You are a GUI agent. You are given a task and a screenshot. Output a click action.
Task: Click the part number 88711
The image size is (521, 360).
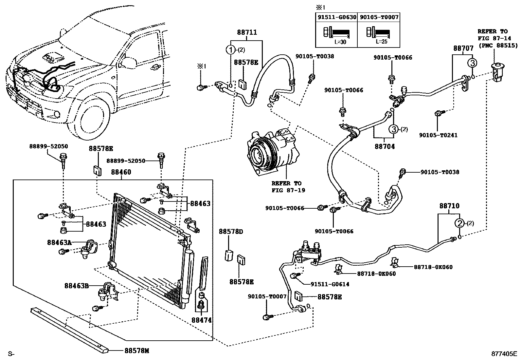[x=247, y=32]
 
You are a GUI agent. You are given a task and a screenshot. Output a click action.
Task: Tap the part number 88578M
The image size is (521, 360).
[x=136, y=351]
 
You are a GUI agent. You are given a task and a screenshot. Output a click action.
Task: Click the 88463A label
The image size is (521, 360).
[x=59, y=242]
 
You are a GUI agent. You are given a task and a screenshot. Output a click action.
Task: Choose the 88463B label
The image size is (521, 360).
[x=77, y=286]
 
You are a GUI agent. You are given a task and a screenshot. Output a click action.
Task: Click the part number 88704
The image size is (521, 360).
[x=385, y=146]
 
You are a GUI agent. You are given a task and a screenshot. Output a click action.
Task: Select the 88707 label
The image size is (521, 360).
[x=463, y=48]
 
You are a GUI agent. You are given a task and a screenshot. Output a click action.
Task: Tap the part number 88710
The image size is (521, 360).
[x=449, y=206]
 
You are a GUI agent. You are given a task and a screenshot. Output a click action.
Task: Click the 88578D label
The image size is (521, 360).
[x=231, y=232]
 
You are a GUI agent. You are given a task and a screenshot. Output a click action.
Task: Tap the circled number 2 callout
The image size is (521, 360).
[x=460, y=223]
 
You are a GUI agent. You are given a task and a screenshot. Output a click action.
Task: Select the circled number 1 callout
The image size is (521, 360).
[x=231, y=50]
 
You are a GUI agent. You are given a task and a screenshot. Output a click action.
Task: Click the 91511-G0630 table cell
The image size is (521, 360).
[x=336, y=17]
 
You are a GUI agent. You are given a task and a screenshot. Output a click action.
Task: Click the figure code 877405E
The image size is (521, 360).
[x=504, y=353]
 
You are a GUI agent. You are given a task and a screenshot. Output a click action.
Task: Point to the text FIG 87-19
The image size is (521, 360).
[x=288, y=190]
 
